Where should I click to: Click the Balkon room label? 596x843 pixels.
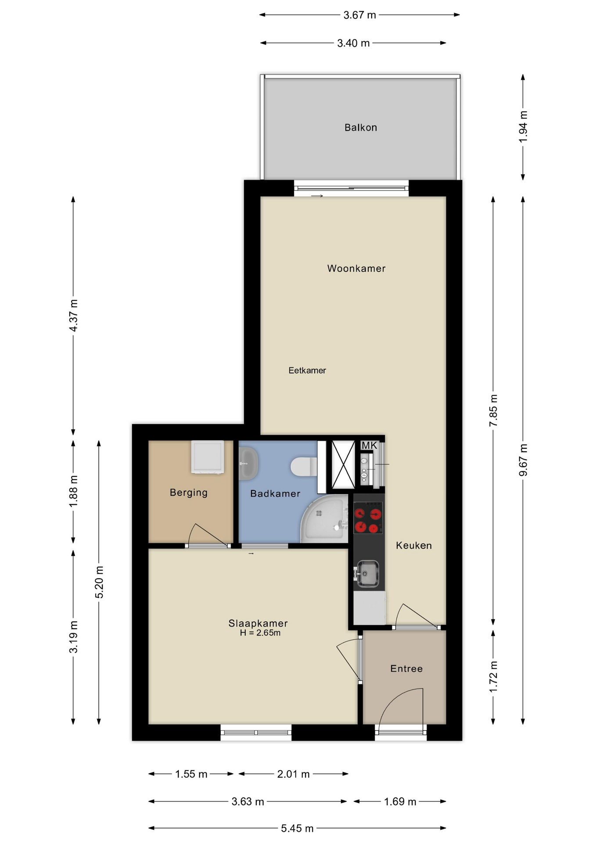coord(360,127)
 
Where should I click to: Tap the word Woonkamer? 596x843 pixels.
coord(356,268)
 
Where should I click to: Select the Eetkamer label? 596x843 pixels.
coord(307,370)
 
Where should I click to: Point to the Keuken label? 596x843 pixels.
coord(414,545)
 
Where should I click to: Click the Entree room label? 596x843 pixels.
coord(406,668)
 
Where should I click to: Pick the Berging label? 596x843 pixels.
coord(189,492)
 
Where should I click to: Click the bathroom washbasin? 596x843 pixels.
coord(249,464)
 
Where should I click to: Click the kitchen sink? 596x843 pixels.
coord(367,573)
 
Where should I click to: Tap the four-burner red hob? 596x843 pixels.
coord(368,518)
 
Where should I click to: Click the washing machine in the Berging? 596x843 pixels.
coord(208,457)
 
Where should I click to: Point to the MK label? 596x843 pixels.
coord(369,446)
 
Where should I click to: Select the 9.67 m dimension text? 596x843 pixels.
coord(523,460)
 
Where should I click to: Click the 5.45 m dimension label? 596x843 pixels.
coord(297,828)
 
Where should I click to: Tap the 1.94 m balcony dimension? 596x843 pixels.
coord(523,126)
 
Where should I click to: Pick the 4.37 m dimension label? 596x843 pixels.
coord(73,315)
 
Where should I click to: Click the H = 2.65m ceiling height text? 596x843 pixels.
coord(260,633)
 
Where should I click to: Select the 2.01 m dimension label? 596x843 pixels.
coord(293,774)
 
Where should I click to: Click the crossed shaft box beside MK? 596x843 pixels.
coord(343,465)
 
